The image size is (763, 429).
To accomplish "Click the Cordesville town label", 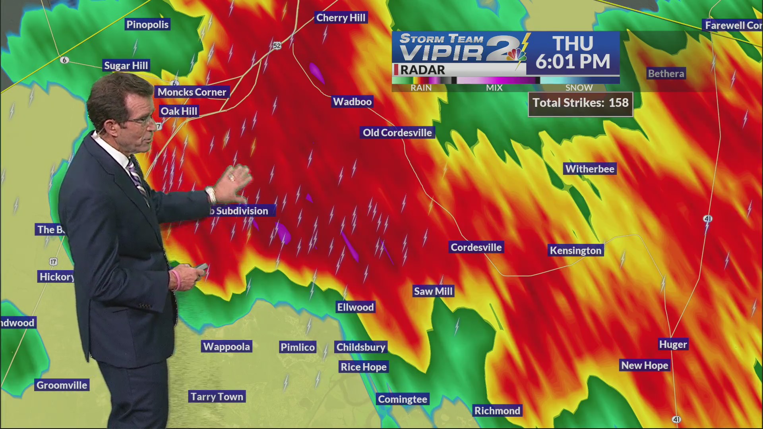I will coord(476,247).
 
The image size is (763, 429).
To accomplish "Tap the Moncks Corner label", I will coord(192,92).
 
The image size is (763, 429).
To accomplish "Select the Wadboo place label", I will coord(352,102).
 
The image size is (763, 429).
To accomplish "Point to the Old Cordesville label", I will coord(397,133).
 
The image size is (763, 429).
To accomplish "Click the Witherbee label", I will coord(590,169).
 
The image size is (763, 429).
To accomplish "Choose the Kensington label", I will coord(575,251).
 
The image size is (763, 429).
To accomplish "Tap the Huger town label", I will coord(673,344).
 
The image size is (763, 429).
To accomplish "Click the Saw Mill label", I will coord(433,291).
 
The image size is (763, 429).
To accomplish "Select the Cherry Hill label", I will coord(341,18).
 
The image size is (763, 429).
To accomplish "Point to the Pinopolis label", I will coord(147,25).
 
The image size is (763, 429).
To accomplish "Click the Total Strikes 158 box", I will coord(580,103).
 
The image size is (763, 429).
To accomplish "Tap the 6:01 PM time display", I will coord(573,62).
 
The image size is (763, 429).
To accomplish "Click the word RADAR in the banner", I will coord(422,70).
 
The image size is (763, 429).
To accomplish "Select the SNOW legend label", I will coord(579,87).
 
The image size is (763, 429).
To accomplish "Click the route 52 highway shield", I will coord(277,46).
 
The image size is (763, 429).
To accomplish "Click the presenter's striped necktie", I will coord(137,179).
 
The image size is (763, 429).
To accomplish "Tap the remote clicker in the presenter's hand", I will coord(201,267).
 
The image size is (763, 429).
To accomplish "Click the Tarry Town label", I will coord(217,396).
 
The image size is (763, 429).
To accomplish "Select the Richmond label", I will coord(497,411).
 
